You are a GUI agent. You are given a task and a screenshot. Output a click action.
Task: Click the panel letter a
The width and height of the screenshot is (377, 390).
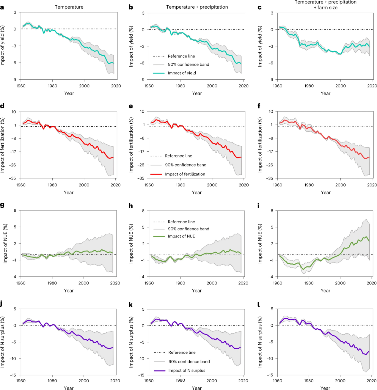pyautogui.click(x=2, y=7)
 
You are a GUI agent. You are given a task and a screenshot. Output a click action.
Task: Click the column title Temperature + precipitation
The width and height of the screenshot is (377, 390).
pyautogui.click(x=197, y=7)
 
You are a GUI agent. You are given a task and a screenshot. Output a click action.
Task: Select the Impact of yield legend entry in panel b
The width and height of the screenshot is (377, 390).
pyautogui.click(x=182, y=73)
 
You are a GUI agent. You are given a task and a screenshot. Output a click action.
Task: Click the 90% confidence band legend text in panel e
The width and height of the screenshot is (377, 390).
pyautogui.click(x=186, y=165)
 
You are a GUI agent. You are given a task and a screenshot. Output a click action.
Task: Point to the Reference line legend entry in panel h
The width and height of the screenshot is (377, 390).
pyautogui.click(x=181, y=222)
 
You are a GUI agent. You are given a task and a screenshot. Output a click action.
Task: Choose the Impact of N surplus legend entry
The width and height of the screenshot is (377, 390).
pyautogui.click(x=187, y=370)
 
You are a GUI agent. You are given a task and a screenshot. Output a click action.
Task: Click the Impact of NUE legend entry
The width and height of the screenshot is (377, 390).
pyautogui.click(x=181, y=236)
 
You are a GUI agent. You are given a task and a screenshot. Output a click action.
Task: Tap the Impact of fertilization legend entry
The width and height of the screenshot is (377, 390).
pyautogui.click(x=185, y=174)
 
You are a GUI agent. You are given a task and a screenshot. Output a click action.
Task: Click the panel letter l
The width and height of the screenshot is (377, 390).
pyautogui.click(x=258, y=304)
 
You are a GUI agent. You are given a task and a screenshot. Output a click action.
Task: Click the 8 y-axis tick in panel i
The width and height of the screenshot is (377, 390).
pyautogui.click(x=272, y=211)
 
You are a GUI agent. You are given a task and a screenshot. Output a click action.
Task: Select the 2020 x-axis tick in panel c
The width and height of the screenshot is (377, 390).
pyautogui.click(x=372, y=86)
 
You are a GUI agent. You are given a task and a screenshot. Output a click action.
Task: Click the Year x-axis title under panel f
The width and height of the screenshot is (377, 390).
pyautogui.click(x=326, y=193)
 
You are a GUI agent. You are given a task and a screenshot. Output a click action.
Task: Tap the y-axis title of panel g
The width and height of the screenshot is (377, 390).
pyautogui.click(x=5, y=243)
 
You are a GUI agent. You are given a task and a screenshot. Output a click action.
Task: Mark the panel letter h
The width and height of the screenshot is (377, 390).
pyautogui.click(x=131, y=206)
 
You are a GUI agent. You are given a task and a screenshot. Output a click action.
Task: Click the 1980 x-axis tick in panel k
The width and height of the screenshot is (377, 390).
pyautogui.click(x=180, y=380)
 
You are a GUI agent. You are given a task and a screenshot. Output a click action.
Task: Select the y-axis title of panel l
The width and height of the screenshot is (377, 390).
pyautogui.click(x=260, y=342)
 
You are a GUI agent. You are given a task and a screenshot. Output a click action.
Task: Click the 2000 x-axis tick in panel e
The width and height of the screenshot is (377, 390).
pyautogui.click(x=212, y=185)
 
